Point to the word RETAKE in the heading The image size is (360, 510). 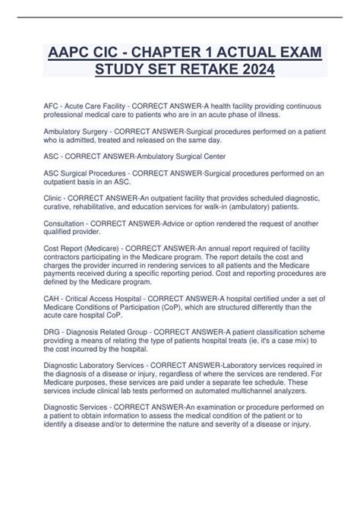[200, 74]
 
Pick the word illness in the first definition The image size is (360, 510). [264, 115]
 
